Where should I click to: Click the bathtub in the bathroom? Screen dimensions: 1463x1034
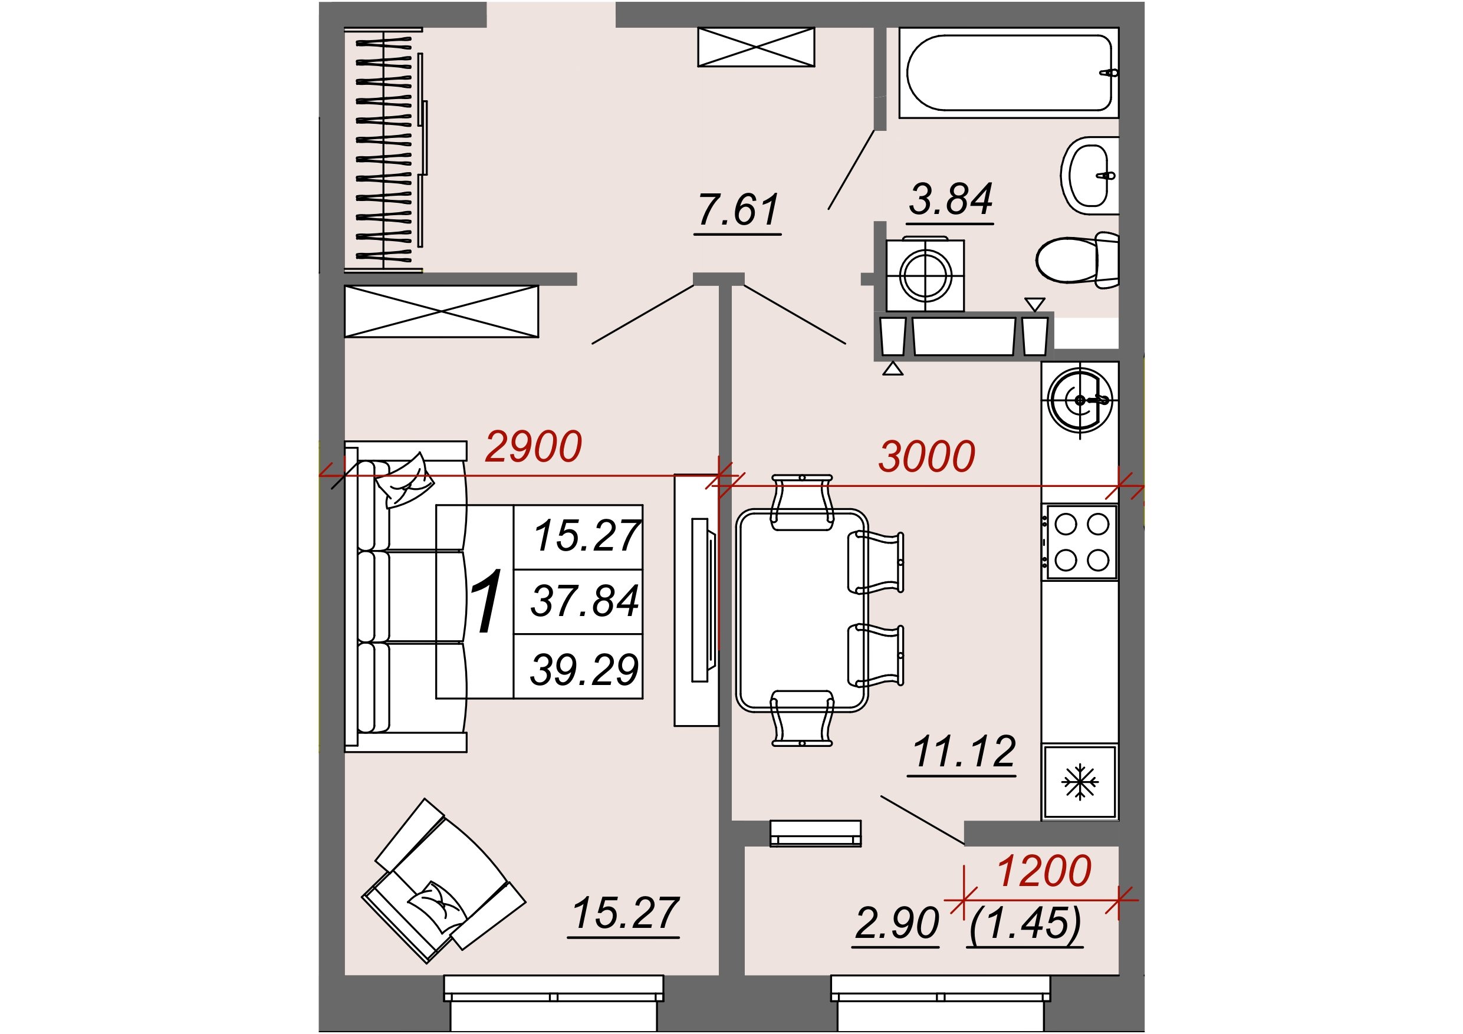point(1009,73)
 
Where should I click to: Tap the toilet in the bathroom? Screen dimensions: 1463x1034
point(1077,260)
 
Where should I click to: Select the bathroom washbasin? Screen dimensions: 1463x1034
point(1090,175)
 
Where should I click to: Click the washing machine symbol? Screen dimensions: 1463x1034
point(925,275)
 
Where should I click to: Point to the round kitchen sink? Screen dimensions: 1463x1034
point(1080,400)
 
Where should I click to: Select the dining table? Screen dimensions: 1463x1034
point(801,610)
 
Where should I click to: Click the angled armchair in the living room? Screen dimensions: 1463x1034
point(444,881)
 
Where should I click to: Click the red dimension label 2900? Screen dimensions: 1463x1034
point(533,447)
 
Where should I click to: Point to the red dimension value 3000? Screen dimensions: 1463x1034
point(926,456)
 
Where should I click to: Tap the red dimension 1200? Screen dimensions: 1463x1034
point(1044,871)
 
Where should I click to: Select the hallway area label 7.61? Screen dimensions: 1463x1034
point(738,210)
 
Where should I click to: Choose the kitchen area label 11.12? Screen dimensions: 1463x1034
point(964,752)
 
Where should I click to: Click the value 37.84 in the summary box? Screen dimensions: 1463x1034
point(585,601)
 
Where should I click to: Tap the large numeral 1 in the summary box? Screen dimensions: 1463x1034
point(485,601)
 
